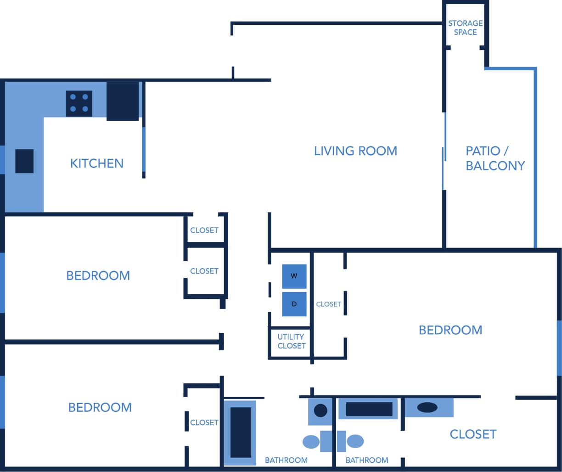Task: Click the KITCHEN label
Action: coord(96,163)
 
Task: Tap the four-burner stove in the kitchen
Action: coord(79,103)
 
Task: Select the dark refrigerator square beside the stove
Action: coord(123,101)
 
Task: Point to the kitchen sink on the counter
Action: coord(24,161)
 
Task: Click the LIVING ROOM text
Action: coord(355,151)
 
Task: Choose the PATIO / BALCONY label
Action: coord(495,158)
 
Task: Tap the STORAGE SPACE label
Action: coord(465,28)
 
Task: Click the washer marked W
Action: coord(294,276)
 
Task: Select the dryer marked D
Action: coord(294,304)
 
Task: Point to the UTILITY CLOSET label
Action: coord(291,341)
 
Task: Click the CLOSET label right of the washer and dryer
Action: coord(328,304)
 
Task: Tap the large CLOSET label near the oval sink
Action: coord(473,434)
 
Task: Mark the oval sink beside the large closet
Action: coord(427,407)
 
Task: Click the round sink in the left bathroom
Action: coord(320,410)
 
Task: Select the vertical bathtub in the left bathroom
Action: coord(241,433)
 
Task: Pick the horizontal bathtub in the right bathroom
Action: coord(369,409)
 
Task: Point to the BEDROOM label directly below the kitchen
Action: coord(98,275)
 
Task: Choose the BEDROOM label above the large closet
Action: coord(450,330)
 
